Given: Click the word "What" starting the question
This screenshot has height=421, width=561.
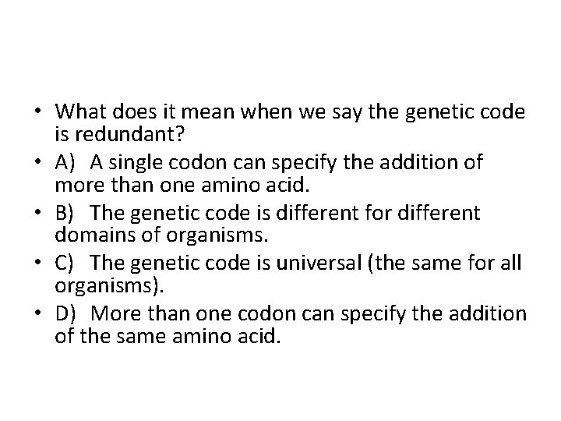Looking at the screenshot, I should [80, 112].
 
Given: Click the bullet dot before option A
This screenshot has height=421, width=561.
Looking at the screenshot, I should [39, 163].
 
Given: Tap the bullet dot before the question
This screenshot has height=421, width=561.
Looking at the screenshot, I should [39, 112].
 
